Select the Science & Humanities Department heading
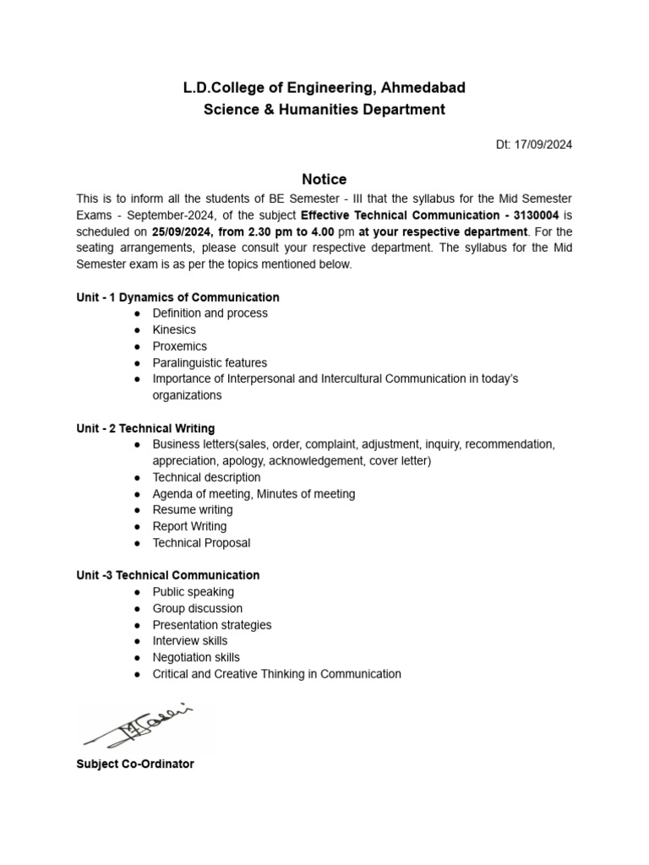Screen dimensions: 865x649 pyautogui.click(x=324, y=110)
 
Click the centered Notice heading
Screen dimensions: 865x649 pyautogui.click(x=324, y=179)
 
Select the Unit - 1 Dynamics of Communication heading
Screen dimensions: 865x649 pyautogui.click(x=177, y=297)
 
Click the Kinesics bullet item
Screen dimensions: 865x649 pyautogui.click(x=173, y=329)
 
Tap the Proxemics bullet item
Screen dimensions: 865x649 pyautogui.click(x=179, y=346)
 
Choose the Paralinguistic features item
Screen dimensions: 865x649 pyautogui.click(x=210, y=362)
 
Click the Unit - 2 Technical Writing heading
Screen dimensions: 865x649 pyautogui.click(x=145, y=428)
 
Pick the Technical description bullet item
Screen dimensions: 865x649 pyautogui.click(x=206, y=477)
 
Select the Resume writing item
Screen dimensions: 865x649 pyautogui.click(x=192, y=510)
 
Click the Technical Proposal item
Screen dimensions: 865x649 pyautogui.click(x=201, y=543)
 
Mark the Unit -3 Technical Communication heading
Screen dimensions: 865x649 pyautogui.click(x=167, y=575)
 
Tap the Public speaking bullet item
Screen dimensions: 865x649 pyautogui.click(x=193, y=592)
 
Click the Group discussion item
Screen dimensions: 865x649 pyautogui.click(x=197, y=608)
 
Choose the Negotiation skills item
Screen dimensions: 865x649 pyautogui.click(x=195, y=657)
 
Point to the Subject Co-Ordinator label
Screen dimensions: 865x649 pyautogui.click(x=135, y=764)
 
